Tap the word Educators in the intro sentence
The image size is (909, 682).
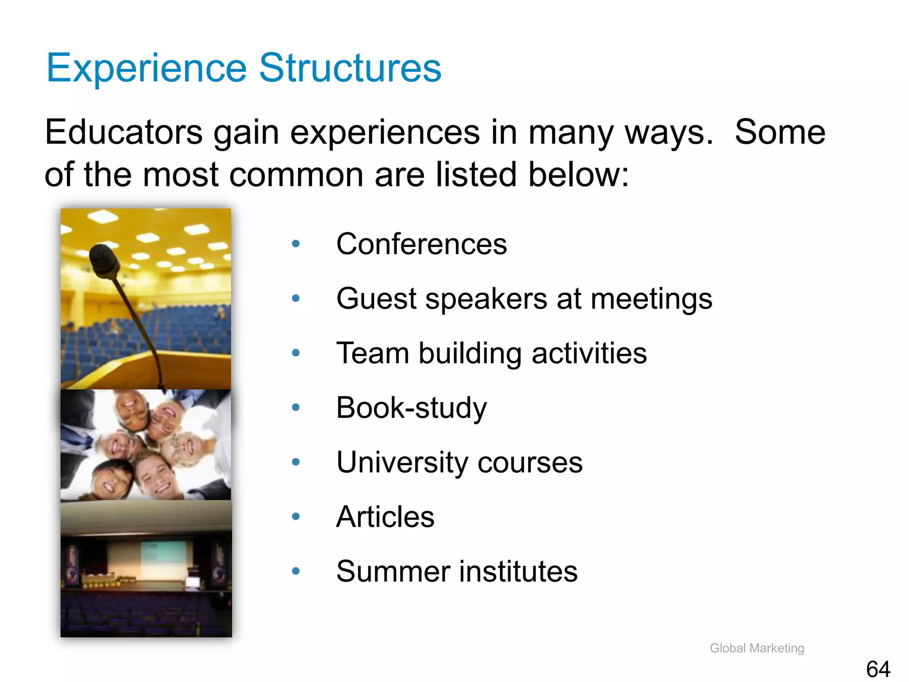pos(124,132)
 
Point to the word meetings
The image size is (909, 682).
pos(651,299)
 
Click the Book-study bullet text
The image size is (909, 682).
pos(411,408)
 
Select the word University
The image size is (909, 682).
pos(402,462)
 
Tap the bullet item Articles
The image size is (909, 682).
pos(385,517)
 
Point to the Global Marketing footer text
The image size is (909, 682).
pos(757,648)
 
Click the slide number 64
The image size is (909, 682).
pos(877,669)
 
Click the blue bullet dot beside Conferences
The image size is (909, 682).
pos(296,243)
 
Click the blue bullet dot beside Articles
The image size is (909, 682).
pos(296,516)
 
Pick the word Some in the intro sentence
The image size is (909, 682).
pos(780,132)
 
